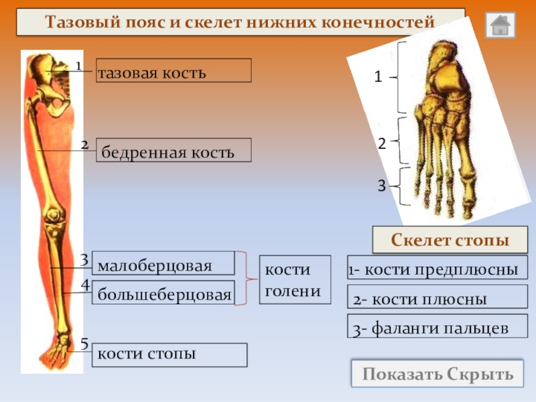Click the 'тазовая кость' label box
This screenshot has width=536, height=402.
coord(174,70)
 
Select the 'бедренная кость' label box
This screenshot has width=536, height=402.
coord(174,151)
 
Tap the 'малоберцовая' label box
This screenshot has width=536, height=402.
coord(163,263)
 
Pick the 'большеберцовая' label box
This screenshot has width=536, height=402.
coord(163,293)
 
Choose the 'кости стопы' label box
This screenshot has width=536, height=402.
coord(170,354)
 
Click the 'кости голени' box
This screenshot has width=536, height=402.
coord(295,279)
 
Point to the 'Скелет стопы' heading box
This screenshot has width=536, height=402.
coord(449,239)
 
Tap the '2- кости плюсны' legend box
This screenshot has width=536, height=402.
coord(437,299)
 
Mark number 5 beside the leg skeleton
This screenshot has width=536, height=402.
coord(84,344)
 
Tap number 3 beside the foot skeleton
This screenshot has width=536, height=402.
coord(381,186)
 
